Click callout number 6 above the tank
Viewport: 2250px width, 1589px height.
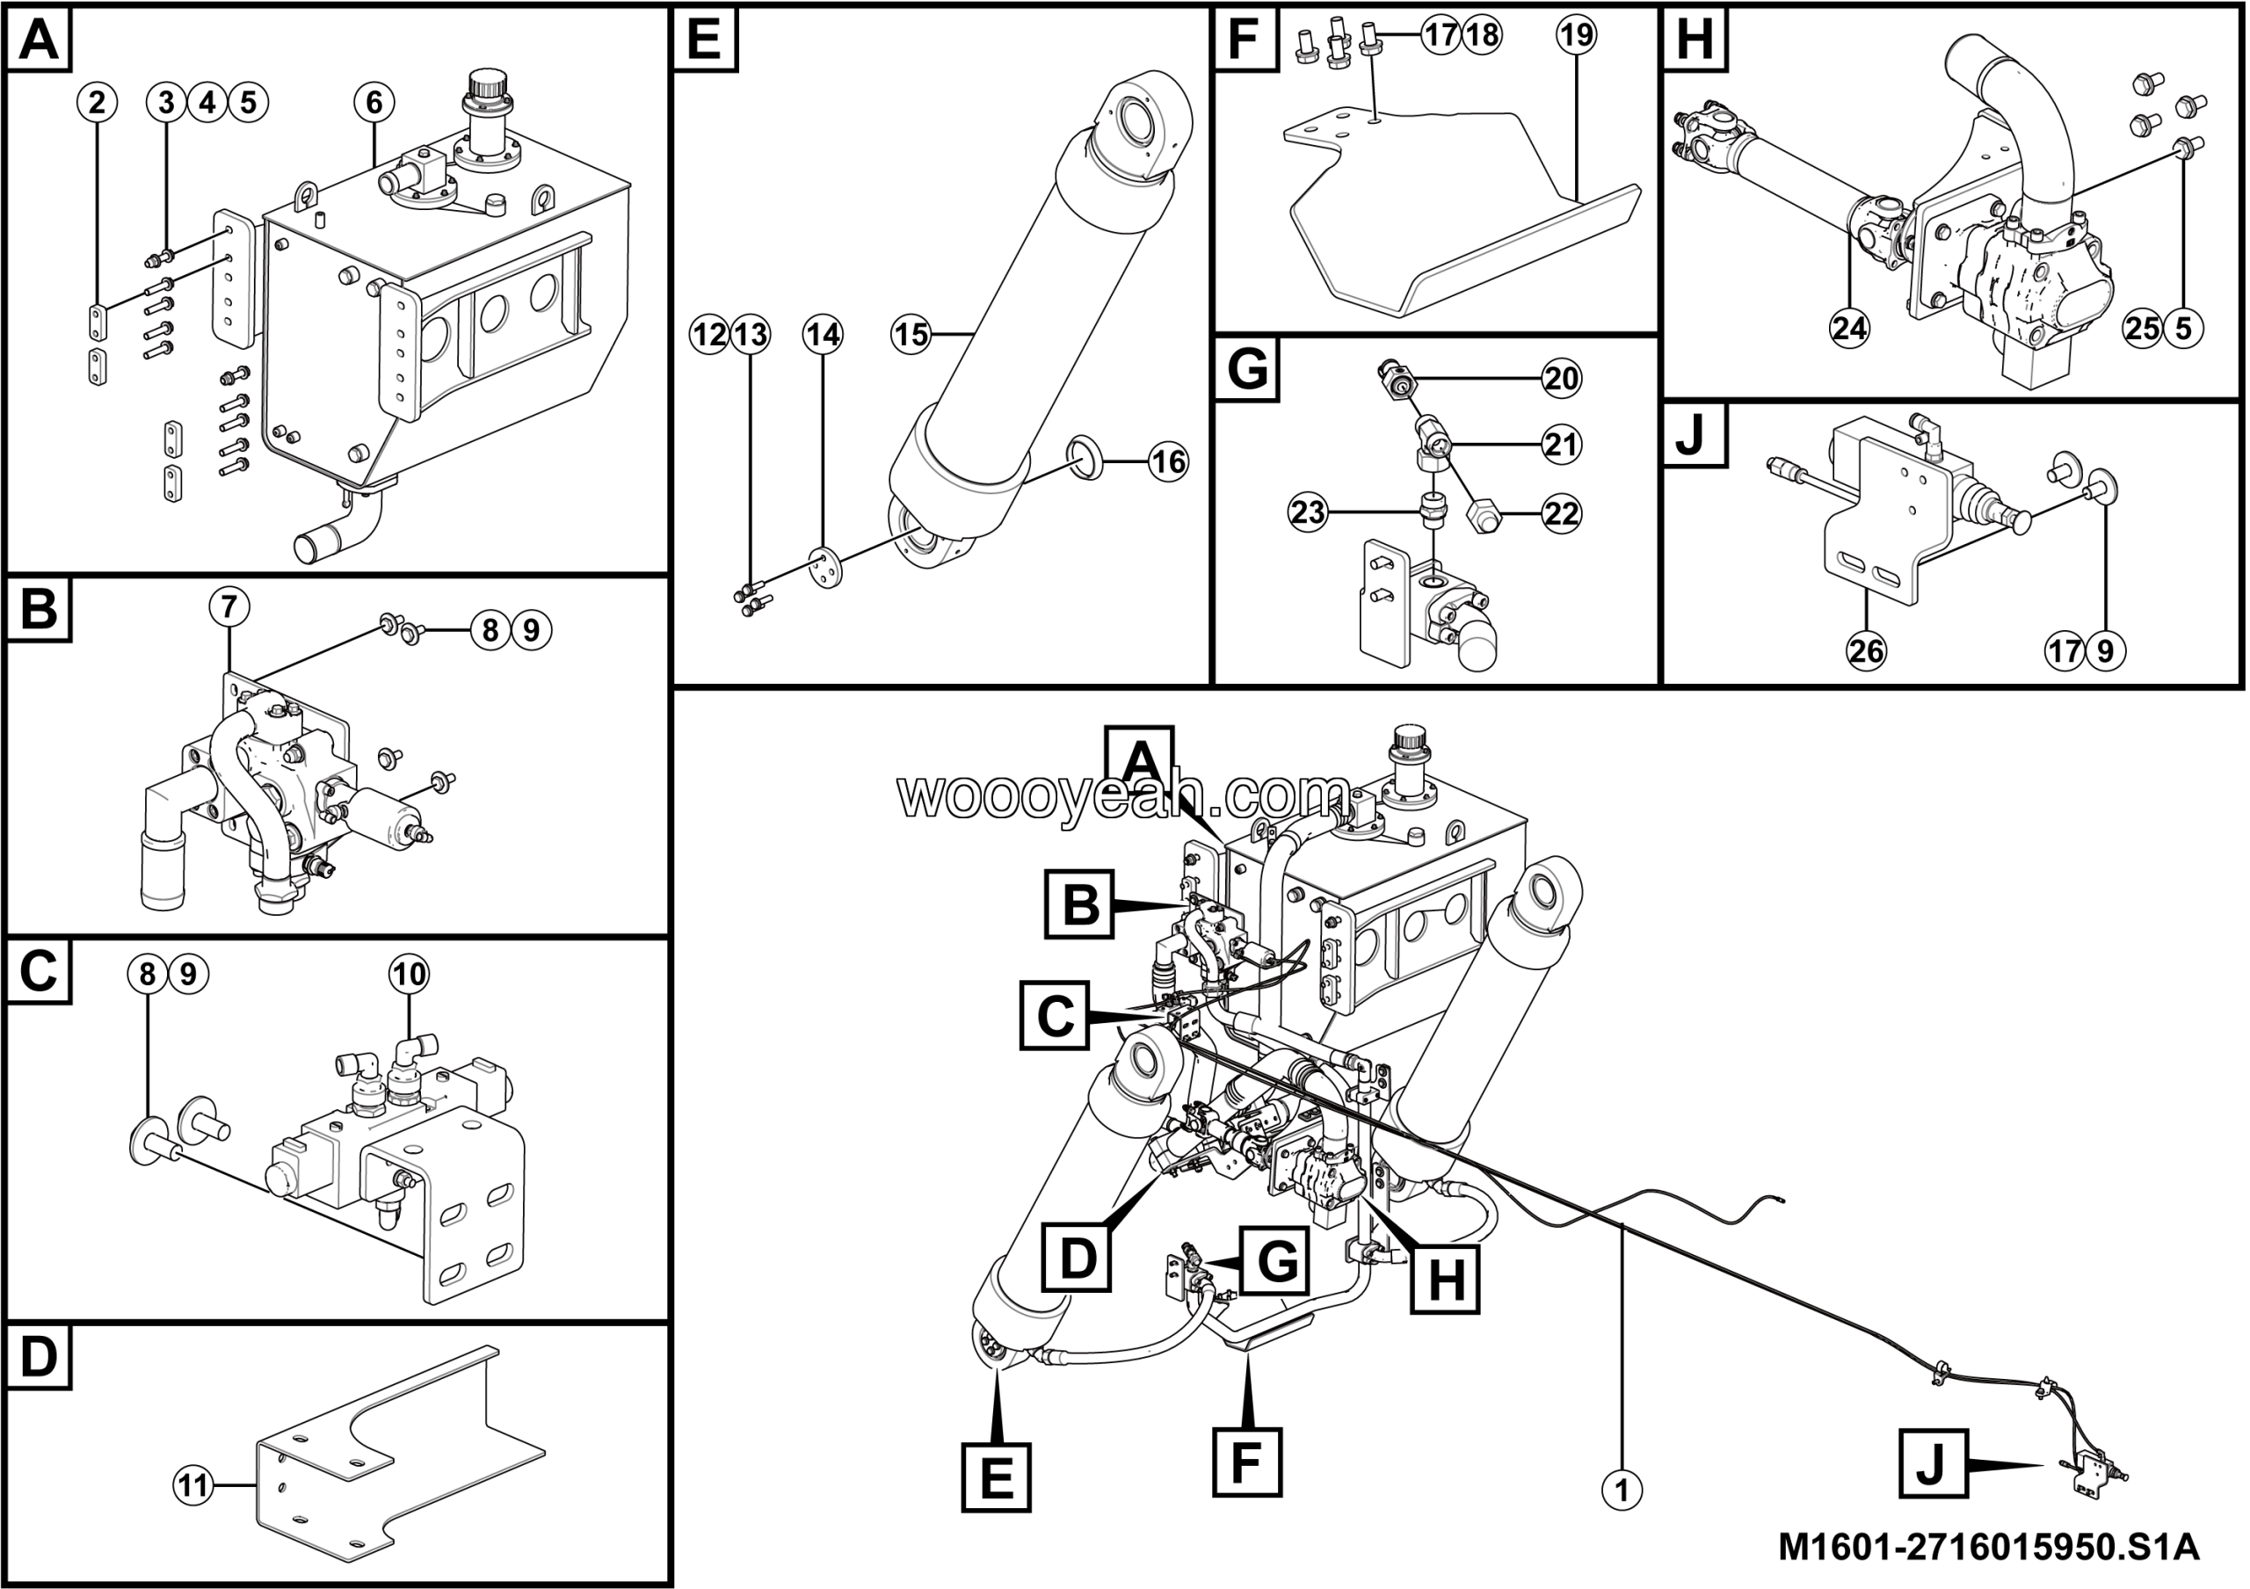374,102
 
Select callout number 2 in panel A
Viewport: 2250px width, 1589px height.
96,102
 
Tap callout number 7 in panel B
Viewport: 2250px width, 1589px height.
229,607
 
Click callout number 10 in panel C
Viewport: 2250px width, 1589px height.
409,974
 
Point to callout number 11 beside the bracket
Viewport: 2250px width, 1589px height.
193,1486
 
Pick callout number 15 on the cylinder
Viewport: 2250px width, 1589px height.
911,335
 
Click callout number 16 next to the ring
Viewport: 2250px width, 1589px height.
1168,461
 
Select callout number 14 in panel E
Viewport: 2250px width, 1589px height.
822,335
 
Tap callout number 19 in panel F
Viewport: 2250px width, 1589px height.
1576,35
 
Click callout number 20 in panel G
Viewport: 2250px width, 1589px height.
1561,378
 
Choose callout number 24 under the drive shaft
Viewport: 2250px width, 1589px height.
1849,327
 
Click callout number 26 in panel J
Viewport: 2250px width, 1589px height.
1866,649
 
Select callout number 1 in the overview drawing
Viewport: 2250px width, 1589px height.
1622,1490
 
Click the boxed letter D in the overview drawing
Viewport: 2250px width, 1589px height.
1078,1257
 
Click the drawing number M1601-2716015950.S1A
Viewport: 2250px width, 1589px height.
1988,1547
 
